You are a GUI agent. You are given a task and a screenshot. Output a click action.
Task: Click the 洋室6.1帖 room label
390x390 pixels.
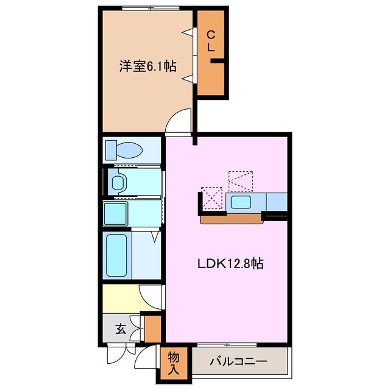pos(147,66)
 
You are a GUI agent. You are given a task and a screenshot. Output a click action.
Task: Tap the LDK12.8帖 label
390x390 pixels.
pos(230,264)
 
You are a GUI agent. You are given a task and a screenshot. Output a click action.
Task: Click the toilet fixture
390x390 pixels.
pos(124,149)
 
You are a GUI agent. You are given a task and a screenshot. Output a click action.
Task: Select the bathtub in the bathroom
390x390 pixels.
pos(117,255)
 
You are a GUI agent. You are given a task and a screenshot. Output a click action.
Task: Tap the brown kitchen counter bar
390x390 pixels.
pos(231,218)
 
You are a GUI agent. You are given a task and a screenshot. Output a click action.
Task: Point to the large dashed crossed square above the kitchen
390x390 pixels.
pos(240,180)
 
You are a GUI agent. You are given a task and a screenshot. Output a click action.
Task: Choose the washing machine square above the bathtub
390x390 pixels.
pos(115,213)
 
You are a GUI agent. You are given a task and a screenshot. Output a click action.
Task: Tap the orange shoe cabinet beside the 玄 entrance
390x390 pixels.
pos(152,329)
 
